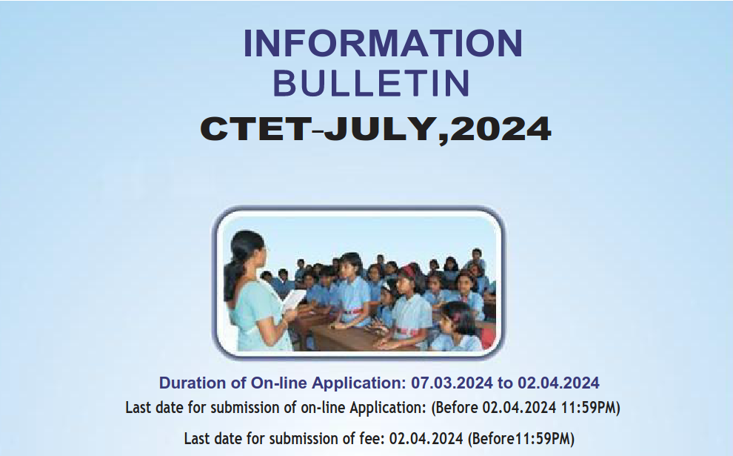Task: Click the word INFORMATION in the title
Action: pyautogui.click(x=383, y=43)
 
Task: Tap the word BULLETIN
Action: pyautogui.click(x=371, y=83)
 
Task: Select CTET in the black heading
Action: pyautogui.click(x=255, y=128)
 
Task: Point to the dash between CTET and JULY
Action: pyautogui.click(x=318, y=131)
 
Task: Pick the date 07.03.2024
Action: pyautogui.click(x=452, y=383)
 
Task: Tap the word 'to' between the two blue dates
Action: pyautogui.click(x=505, y=383)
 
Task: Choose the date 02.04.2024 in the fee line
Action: pyautogui.click(x=426, y=439)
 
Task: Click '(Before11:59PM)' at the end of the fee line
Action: pyautogui.click(x=521, y=439)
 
